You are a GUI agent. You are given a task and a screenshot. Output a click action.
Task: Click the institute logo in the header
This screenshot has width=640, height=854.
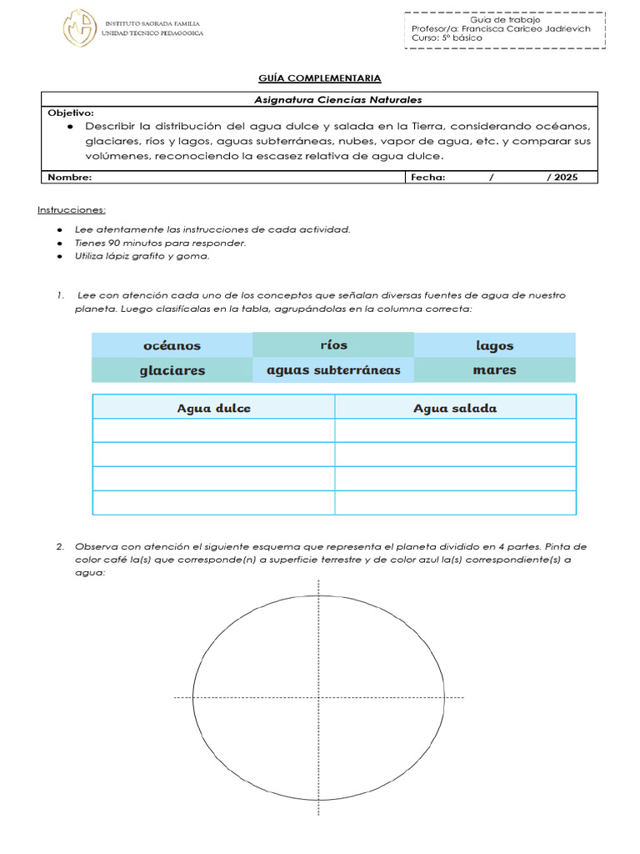[x=80, y=28]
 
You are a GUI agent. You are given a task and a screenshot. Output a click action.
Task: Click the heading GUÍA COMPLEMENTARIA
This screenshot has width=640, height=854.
[x=319, y=78]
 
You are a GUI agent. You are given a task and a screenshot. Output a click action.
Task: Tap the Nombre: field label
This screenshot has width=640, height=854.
[x=70, y=177]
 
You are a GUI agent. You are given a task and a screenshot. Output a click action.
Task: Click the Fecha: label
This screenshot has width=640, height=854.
[x=428, y=177]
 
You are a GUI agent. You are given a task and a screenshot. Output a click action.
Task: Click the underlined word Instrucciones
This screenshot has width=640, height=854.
[x=72, y=209]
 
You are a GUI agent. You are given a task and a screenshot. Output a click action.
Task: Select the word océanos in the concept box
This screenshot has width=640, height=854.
[x=172, y=345]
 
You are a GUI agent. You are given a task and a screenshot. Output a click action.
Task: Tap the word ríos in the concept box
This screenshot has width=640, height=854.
[x=333, y=344]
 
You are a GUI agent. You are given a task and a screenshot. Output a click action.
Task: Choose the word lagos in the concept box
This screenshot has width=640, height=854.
[x=494, y=345]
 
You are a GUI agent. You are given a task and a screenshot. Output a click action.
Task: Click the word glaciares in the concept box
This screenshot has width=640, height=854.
[x=172, y=370]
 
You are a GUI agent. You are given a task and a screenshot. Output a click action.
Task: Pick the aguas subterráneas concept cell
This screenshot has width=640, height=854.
[x=333, y=369]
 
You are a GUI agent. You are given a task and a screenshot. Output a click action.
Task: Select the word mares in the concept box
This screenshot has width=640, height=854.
[x=494, y=369]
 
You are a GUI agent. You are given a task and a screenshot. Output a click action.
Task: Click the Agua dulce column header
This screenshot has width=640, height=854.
[x=213, y=408]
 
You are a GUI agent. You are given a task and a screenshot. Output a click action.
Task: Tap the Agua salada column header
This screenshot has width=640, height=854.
[x=455, y=408]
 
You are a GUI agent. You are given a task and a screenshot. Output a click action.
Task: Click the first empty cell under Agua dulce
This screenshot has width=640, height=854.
[x=213, y=430]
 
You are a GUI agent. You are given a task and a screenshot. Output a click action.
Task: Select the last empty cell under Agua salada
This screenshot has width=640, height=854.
[x=455, y=503]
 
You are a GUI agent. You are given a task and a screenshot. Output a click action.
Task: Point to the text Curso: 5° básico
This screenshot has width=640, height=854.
[x=447, y=38]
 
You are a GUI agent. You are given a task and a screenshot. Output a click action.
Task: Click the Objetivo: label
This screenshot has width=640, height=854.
[x=71, y=113]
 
